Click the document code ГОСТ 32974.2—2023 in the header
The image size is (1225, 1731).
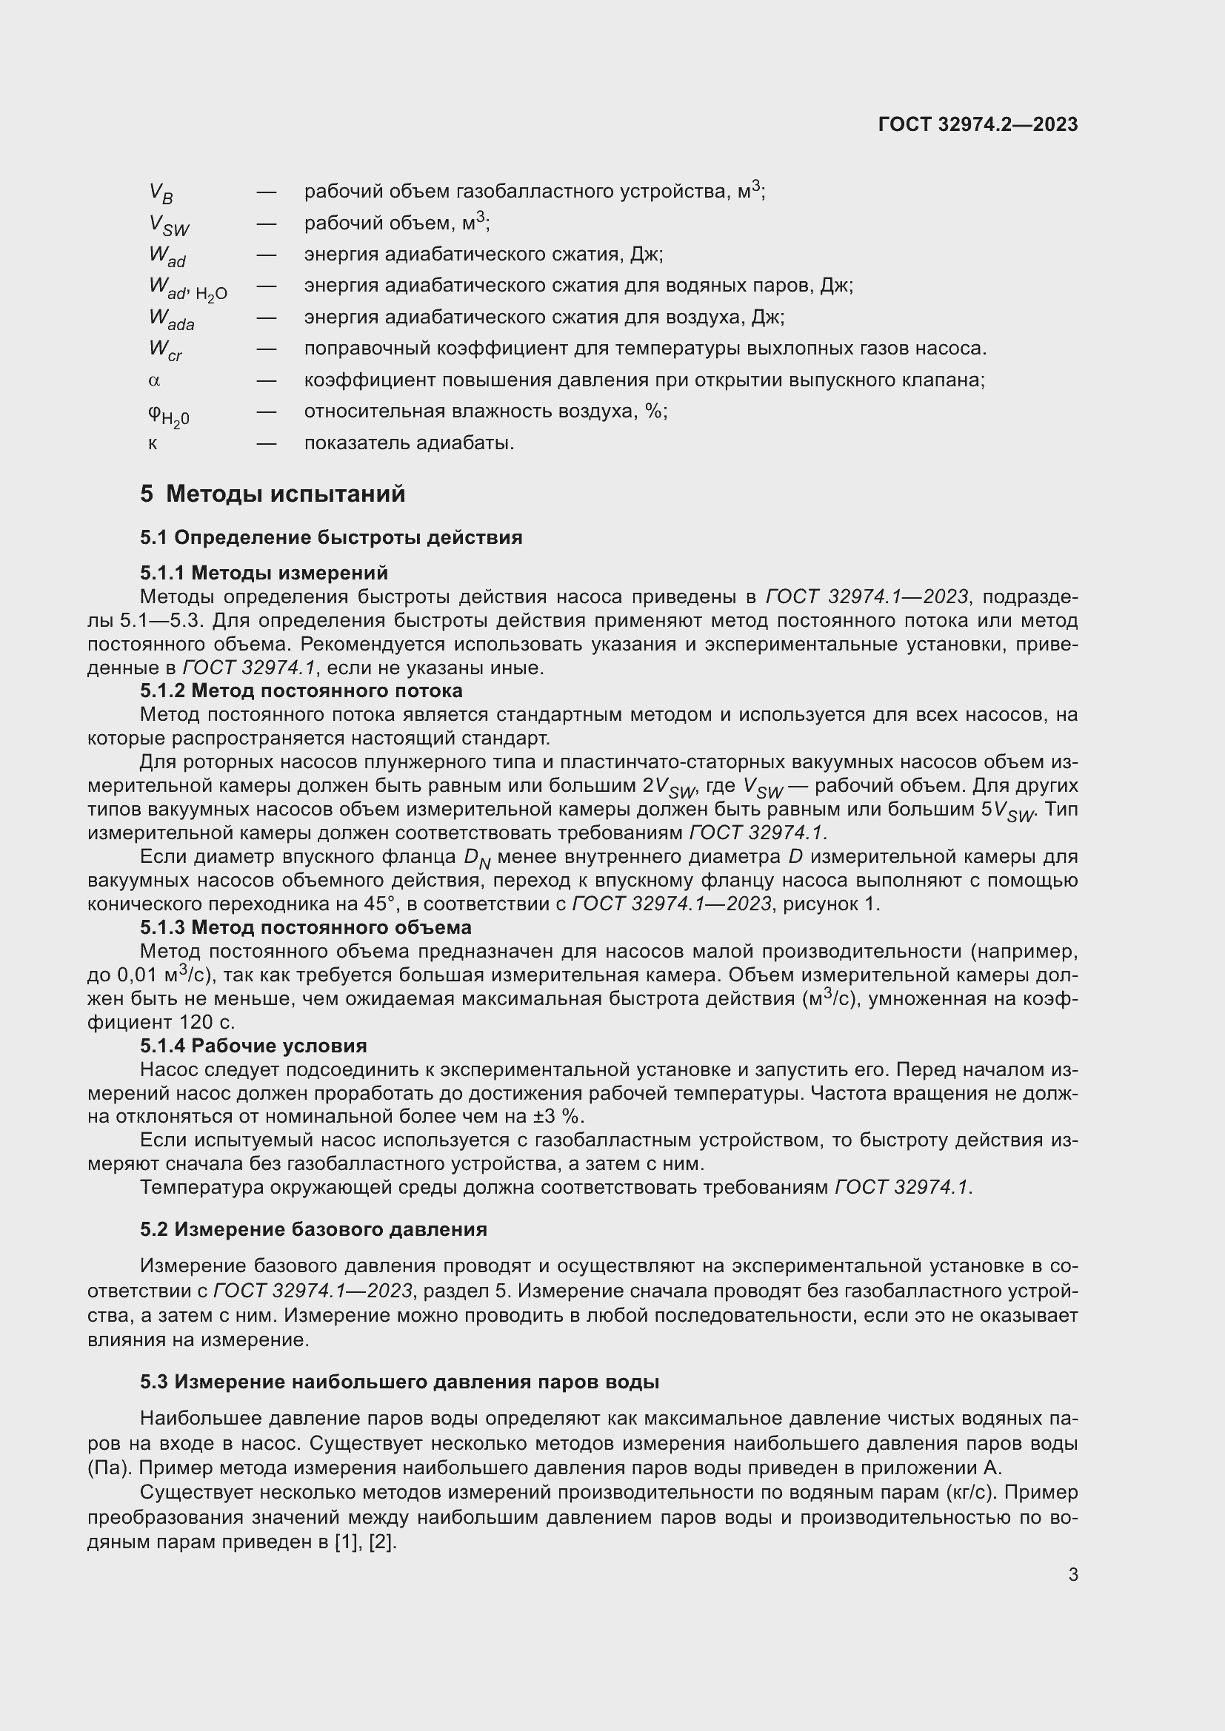(978, 124)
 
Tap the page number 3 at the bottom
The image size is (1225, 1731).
(1072, 1574)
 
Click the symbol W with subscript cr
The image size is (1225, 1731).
(165, 350)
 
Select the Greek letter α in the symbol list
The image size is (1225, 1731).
(155, 380)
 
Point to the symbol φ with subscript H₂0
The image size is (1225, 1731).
(168, 414)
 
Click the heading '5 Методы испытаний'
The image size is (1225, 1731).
(273, 494)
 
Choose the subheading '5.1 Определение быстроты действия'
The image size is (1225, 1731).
(331, 537)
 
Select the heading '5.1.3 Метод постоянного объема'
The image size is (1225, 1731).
(305, 927)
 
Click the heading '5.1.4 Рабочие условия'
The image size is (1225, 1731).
(253, 1046)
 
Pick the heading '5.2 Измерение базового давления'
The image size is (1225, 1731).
(313, 1229)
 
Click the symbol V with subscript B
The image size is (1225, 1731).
(161, 193)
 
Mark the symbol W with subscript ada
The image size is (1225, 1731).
(171, 319)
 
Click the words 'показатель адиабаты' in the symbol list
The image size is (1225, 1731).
(408, 443)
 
